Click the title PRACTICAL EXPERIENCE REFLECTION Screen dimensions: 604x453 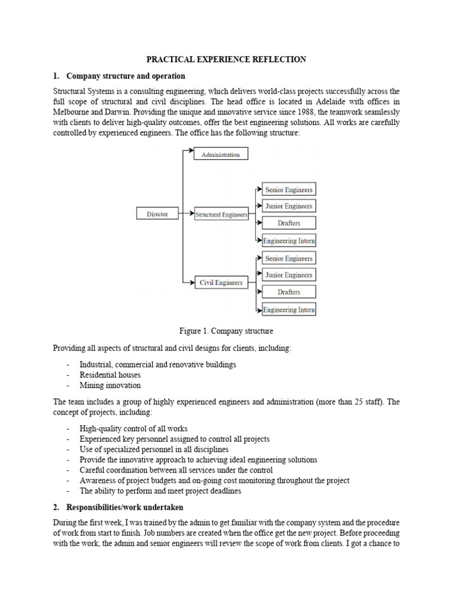(226, 59)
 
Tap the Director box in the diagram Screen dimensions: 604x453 (157, 215)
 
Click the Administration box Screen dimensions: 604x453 (221, 155)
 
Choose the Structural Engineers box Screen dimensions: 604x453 (221, 215)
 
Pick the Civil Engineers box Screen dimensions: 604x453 (221, 283)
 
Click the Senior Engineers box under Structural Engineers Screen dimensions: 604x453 (288, 189)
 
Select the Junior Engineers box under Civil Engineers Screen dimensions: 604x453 (288, 275)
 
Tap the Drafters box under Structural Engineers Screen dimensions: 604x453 (288, 223)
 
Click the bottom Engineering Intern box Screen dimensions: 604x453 (288, 310)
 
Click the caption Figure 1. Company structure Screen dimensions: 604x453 (226, 331)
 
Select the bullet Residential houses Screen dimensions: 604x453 (110, 375)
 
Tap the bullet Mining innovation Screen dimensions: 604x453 (110, 386)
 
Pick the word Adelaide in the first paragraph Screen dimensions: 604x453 (332, 102)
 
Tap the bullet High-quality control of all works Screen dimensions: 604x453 (133, 429)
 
